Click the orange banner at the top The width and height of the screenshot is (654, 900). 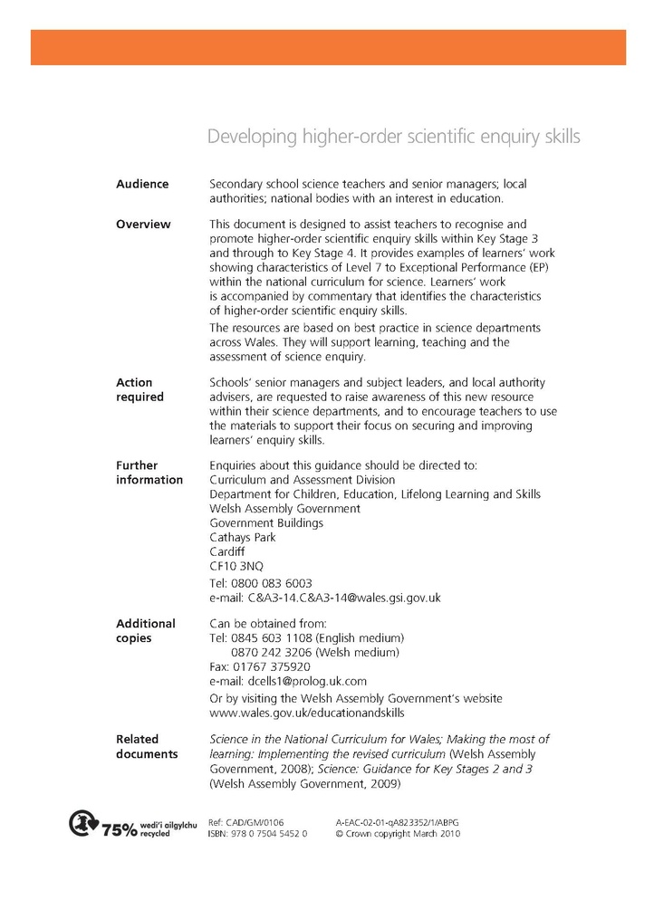(328, 47)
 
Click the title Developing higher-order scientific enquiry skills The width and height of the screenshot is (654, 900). (393, 137)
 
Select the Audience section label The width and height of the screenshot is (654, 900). (142, 184)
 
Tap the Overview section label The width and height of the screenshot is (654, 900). (143, 225)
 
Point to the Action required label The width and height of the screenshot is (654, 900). (140, 390)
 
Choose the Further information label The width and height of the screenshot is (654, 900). (149, 473)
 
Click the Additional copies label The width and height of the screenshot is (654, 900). (146, 631)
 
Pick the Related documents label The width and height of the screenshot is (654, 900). (147, 747)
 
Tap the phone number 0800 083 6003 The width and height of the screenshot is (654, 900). (273, 584)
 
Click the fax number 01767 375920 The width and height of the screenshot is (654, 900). (273, 667)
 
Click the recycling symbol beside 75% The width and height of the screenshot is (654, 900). (82, 824)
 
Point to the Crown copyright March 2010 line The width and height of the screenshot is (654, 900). (398, 834)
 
